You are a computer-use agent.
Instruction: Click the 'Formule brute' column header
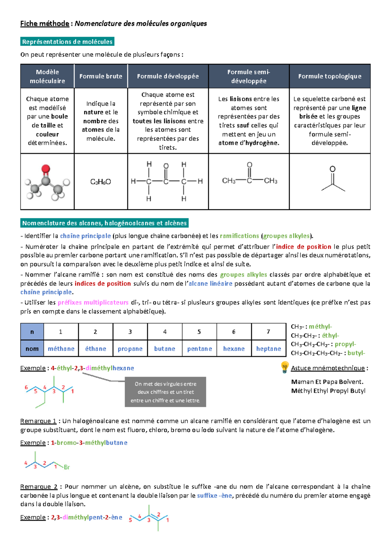pos(101,76)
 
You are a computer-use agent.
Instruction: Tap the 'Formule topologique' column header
pos(329,76)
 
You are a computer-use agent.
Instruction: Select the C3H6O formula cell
pos(101,182)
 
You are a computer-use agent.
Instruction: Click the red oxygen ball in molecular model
pos(46,169)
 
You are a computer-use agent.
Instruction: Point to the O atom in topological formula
pos(332,169)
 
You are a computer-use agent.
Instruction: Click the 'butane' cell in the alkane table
pos(165,349)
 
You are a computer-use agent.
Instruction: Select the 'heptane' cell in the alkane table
pos(268,349)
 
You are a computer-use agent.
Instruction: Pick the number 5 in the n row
pos(199,332)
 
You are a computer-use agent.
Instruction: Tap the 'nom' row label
pos(32,349)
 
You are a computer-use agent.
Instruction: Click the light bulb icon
pos(284,367)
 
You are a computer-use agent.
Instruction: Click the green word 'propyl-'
pos(345,344)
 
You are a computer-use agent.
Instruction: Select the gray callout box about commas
pos(165,392)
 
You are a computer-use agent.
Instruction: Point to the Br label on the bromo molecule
pos(67,467)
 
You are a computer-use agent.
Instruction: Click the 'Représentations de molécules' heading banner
pos(67,42)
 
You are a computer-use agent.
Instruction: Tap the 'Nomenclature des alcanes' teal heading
pos(104,223)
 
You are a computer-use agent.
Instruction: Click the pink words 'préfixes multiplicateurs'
pos(93,302)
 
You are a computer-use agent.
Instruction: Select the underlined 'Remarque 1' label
pos(38,421)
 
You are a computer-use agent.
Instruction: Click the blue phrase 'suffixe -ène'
pos(214,495)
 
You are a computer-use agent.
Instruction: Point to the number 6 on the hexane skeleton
pos(26,387)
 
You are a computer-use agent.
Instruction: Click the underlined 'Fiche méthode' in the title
pos(44,23)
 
